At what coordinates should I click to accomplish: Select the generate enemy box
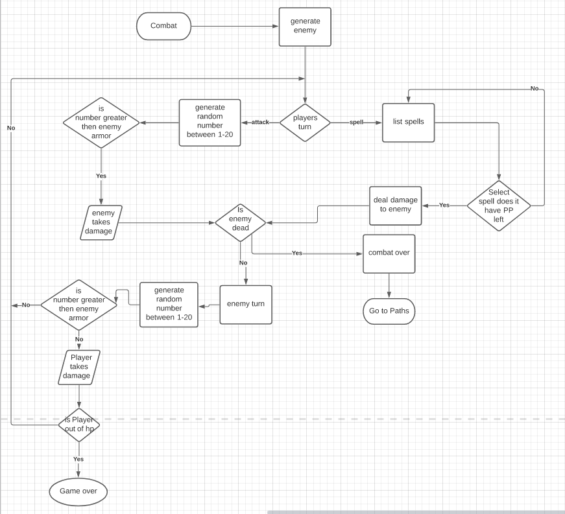pyautogui.click(x=305, y=27)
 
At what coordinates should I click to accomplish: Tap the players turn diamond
pyautogui.click(x=305, y=122)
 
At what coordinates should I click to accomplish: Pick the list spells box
pyautogui.click(x=408, y=122)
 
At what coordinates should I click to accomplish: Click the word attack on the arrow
pyautogui.click(x=260, y=122)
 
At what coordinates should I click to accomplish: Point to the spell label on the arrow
pyautogui.click(x=356, y=122)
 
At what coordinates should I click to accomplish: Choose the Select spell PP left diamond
pyautogui.click(x=499, y=206)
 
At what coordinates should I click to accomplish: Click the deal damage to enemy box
pyautogui.click(x=396, y=205)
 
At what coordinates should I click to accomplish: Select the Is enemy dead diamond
pyautogui.click(x=241, y=222)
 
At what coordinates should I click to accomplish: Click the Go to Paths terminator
pyautogui.click(x=388, y=311)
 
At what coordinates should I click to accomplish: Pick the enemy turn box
pyautogui.click(x=246, y=304)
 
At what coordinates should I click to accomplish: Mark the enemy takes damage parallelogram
pyautogui.click(x=101, y=222)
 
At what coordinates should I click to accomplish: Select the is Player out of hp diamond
pyautogui.click(x=79, y=425)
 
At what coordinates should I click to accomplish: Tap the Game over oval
pyautogui.click(x=78, y=491)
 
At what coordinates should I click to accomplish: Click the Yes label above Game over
pyautogui.click(x=78, y=459)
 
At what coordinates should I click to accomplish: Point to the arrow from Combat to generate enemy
pyautogui.click(x=234, y=27)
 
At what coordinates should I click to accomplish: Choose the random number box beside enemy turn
pyautogui.click(x=168, y=305)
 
